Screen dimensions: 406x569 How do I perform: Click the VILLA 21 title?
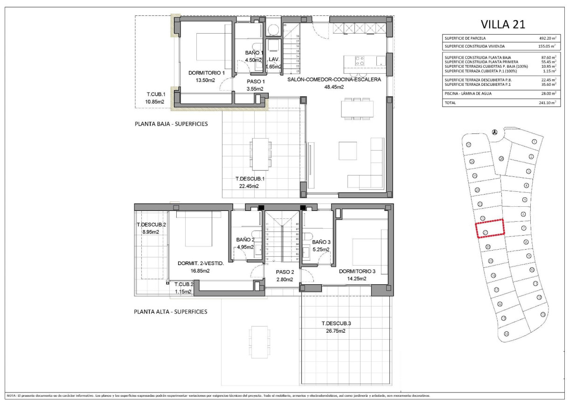(502, 24)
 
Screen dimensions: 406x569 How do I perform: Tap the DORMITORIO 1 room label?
(207, 73)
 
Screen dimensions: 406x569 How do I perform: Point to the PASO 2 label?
(284, 272)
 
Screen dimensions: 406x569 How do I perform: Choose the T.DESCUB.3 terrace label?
(335, 323)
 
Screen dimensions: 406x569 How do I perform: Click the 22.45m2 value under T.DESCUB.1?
(249, 186)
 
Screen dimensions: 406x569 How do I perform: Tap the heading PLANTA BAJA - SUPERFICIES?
(171, 124)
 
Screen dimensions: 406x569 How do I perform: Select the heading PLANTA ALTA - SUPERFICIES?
(170, 312)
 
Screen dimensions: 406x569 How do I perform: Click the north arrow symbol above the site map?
(495, 132)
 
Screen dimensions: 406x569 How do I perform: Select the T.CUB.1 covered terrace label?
(156, 94)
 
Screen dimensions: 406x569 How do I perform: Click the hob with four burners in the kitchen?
(360, 61)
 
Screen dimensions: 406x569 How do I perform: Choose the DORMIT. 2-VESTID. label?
(201, 263)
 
